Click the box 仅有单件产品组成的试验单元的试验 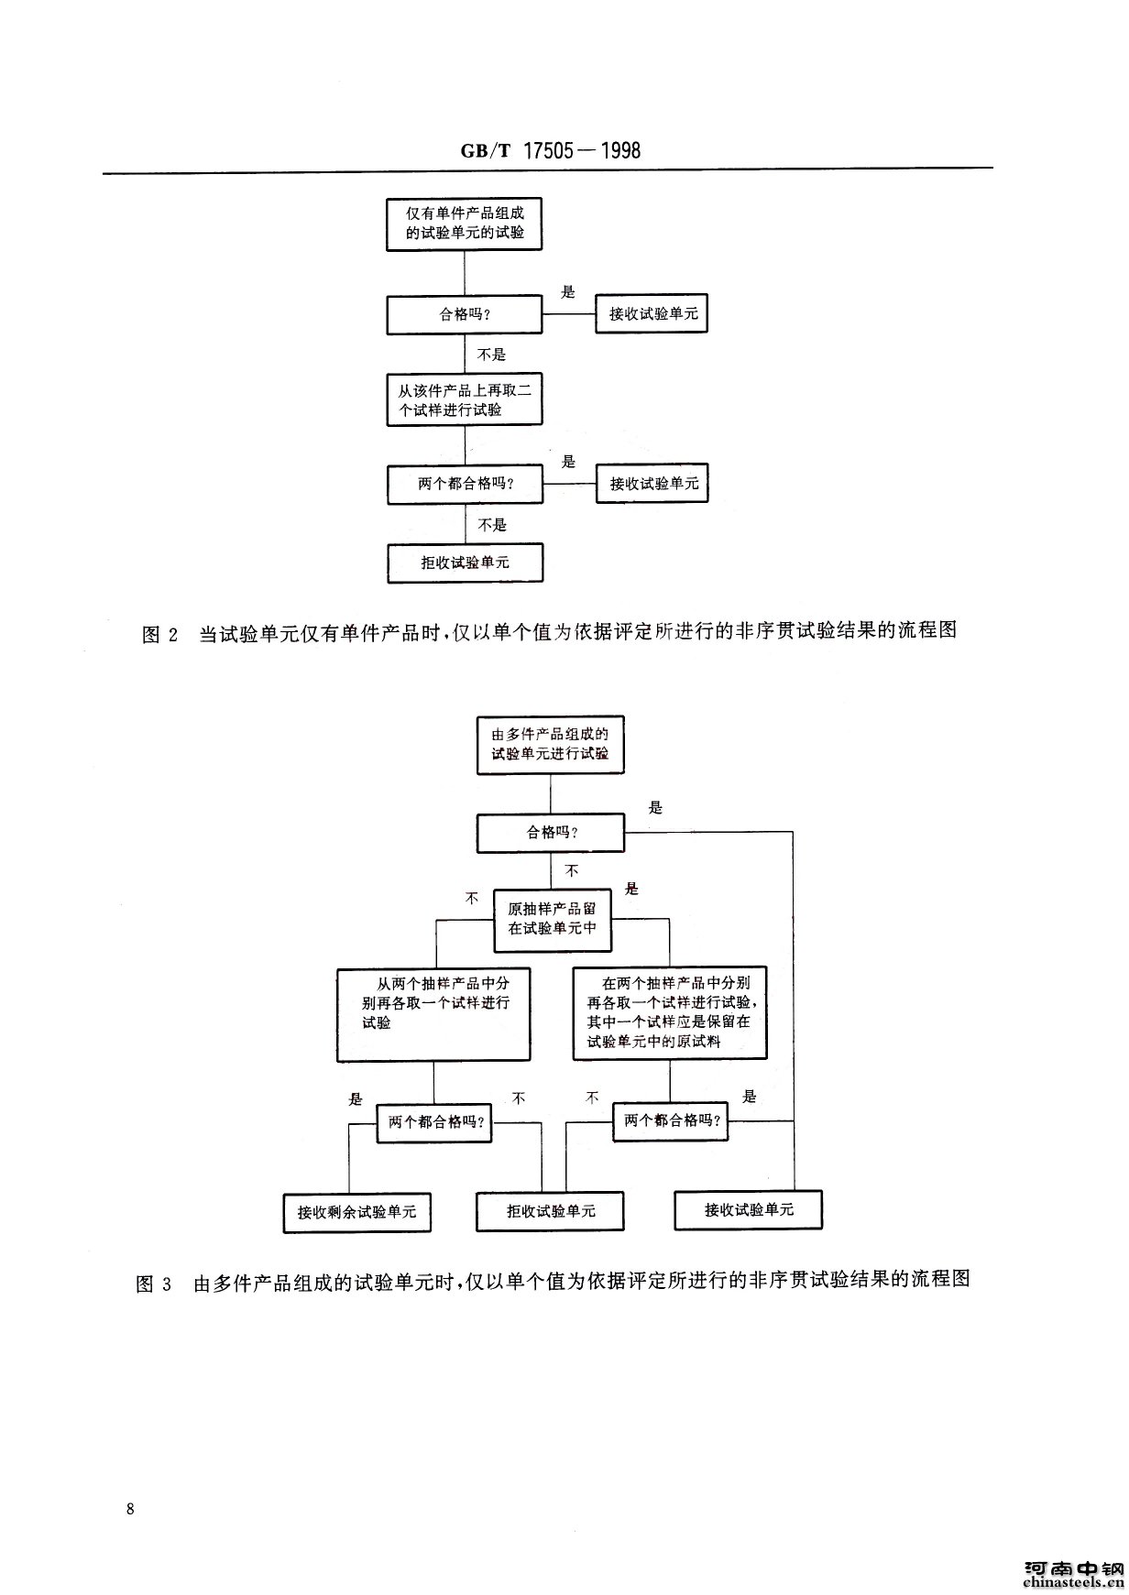465,224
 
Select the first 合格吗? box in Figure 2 465,315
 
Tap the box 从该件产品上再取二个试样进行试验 465,399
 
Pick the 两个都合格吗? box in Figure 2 465,485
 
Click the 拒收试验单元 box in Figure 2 465,563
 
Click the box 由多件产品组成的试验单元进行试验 550,745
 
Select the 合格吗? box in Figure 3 550,833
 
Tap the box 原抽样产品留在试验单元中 552,918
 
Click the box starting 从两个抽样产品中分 433,1015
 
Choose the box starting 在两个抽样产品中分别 670,1013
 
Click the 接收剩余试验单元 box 356,1212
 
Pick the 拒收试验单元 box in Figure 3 550,1211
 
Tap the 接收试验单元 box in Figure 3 749,1210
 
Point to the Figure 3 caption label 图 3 154,1282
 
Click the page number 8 131,1509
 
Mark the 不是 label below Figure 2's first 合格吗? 491,355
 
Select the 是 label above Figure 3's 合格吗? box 655,808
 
